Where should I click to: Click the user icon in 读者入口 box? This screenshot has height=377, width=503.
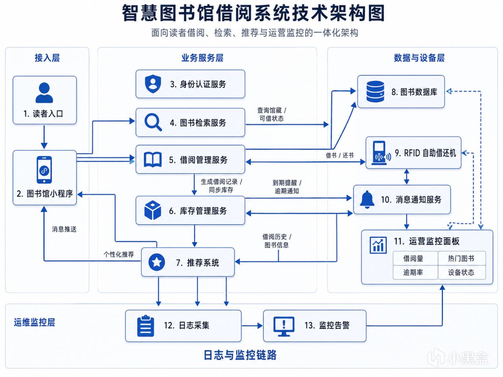(44, 93)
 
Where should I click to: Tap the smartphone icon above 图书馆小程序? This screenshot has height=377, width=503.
(44, 170)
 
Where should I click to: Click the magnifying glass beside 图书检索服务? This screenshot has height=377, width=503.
(153, 122)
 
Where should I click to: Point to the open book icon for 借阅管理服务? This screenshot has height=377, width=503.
(153, 159)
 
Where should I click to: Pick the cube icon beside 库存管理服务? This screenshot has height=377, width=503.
(153, 210)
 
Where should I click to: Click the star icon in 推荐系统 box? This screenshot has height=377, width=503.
(156, 262)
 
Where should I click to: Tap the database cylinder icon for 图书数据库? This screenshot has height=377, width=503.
(375, 92)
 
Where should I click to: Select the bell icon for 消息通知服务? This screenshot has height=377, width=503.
(367, 199)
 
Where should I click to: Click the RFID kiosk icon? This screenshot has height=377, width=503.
(380, 153)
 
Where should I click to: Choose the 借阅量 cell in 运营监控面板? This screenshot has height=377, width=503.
(413, 258)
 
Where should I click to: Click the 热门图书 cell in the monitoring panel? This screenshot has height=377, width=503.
(461, 258)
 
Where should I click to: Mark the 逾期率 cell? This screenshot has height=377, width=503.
(413, 272)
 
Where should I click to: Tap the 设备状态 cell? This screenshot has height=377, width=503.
(461, 272)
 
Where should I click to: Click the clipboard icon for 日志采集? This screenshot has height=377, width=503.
(145, 326)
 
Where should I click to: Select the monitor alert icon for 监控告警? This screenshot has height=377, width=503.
(284, 326)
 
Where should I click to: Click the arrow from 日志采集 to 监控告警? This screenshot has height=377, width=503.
(252, 326)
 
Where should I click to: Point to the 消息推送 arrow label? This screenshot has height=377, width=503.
(64, 229)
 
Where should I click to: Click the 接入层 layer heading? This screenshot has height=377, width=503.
(47, 58)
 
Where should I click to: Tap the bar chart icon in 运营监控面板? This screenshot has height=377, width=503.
(378, 245)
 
